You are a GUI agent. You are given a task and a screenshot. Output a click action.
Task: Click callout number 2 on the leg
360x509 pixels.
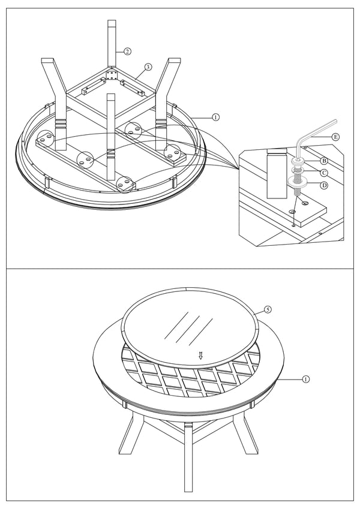coord(127,51)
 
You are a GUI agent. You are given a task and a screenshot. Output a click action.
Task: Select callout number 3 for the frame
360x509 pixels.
coord(147,67)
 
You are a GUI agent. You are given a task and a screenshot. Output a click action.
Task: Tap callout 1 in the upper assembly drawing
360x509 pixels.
coord(216,117)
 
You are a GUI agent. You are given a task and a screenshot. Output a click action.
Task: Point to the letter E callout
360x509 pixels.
coord(335,137)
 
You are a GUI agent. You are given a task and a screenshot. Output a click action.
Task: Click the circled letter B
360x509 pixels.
coord(324,161)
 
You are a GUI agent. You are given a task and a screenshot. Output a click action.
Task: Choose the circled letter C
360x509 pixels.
coord(324,173)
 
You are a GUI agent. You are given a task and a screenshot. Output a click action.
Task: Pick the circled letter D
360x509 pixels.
coord(324,185)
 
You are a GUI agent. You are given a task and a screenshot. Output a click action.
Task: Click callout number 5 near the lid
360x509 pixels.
coord(268,310)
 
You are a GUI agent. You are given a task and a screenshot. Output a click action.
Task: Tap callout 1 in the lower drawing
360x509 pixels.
coord(305,379)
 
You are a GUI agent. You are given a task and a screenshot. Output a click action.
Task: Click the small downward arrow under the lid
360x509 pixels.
coord(201,356)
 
